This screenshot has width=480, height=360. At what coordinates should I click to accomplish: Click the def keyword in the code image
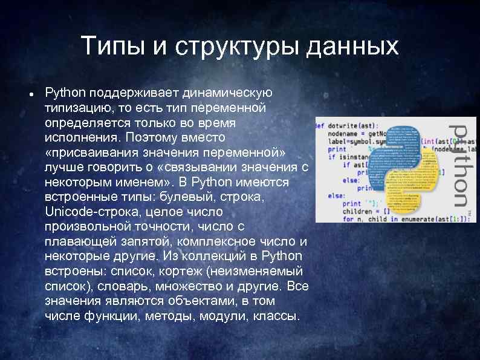tap(319, 126)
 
